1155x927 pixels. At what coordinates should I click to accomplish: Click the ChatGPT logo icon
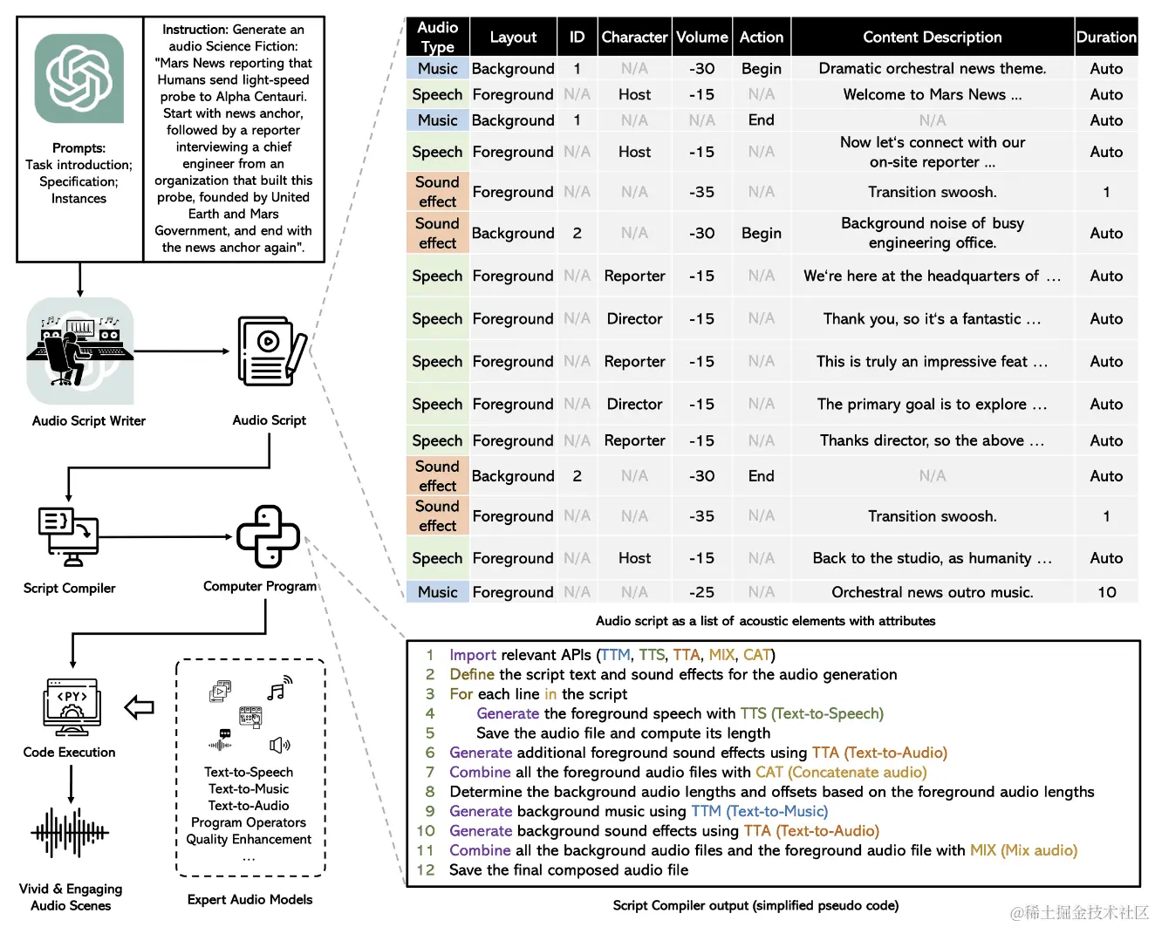click(x=79, y=78)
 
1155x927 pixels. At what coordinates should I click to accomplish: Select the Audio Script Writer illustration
click(x=79, y=351)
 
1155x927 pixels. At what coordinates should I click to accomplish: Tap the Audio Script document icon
click(x=270, y=351)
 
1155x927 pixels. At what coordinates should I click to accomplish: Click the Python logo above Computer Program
click(x=269, y=536)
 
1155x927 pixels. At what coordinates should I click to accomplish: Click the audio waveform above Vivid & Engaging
click(x=70, y=832)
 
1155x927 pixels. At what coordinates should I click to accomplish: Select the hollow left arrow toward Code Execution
click(x=140, y=707)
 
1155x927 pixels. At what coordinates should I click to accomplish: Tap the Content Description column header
click(x=932, y=37)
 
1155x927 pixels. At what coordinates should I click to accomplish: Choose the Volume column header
click(x=701, y=37)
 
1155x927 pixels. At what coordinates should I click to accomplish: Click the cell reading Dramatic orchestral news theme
click(x=932, y=69)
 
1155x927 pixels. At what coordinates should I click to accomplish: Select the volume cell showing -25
click(x=701, y=592)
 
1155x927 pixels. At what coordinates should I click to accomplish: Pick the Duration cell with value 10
click(x=1106, y=592)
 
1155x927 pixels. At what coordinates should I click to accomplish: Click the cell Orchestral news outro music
click(x=932, y=592)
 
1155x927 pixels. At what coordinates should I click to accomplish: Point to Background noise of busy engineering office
click(x=932, y=233)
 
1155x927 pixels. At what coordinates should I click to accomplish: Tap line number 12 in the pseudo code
click(x=426, y=869)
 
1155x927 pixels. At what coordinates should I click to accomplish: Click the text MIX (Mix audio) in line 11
click(x=1023, y=850)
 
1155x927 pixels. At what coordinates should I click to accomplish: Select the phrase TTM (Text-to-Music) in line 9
click(x=759, y=811)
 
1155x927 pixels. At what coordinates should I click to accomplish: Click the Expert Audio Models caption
click(x=249, y=899)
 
